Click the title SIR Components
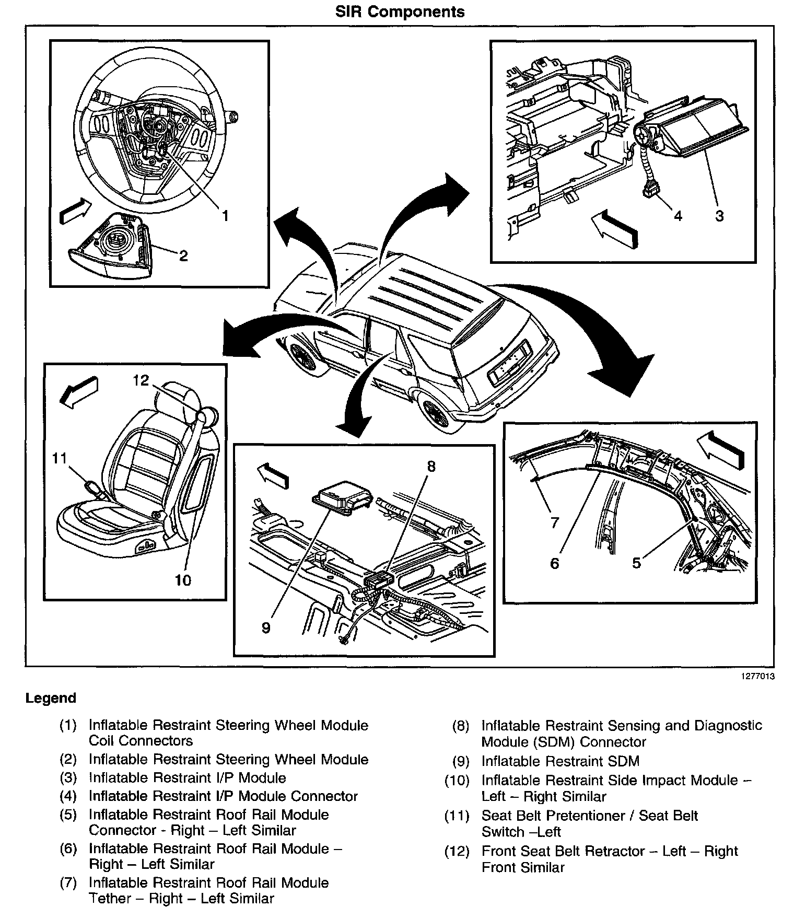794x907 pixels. point(400,11)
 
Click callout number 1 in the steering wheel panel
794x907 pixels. point(225,215)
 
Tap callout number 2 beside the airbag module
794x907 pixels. point(183,255)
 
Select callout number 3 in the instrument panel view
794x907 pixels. point(719,215)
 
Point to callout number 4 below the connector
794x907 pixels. point(678,215)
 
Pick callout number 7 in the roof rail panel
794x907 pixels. point(554,522)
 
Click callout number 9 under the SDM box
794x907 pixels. point(266,627)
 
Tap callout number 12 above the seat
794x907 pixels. point(141,380)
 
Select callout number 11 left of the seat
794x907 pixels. point(60,458)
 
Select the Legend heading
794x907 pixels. point(51,698)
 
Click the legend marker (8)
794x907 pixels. point(460,726)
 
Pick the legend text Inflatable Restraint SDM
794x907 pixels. point(560,761)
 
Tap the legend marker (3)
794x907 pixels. point(68,778)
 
